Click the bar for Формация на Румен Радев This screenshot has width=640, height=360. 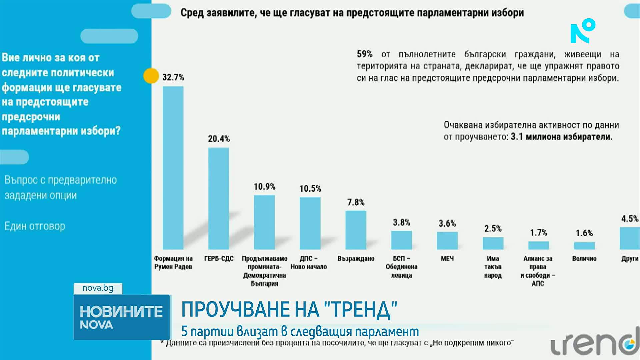click(173, 168)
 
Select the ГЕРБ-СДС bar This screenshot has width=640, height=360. click(219, 198)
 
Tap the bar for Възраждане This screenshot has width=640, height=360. click(356, 230)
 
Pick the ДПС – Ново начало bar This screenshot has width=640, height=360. click(310, 223)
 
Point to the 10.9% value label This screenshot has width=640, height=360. click(264, 187)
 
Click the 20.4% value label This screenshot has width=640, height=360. click(219, 139)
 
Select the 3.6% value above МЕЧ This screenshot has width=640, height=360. click(447, 223)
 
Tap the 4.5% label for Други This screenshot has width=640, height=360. click(630, 219)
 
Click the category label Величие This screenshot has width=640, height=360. click(584, 258)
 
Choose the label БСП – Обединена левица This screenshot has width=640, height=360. click(401, 267)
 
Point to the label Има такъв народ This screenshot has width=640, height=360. click(493, 267)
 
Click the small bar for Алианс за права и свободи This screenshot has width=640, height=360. click(538, 245)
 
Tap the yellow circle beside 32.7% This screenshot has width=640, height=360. click(151, 76)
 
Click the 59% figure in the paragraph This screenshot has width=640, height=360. click(364, 54)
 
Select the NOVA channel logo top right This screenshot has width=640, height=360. click(582, 31)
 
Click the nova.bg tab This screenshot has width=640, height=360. click(98, 288)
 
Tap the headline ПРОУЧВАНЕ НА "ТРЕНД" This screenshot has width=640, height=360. click(289, 309)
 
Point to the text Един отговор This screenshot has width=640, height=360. click(35, 226)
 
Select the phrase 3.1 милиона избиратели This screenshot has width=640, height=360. click(561, 137)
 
